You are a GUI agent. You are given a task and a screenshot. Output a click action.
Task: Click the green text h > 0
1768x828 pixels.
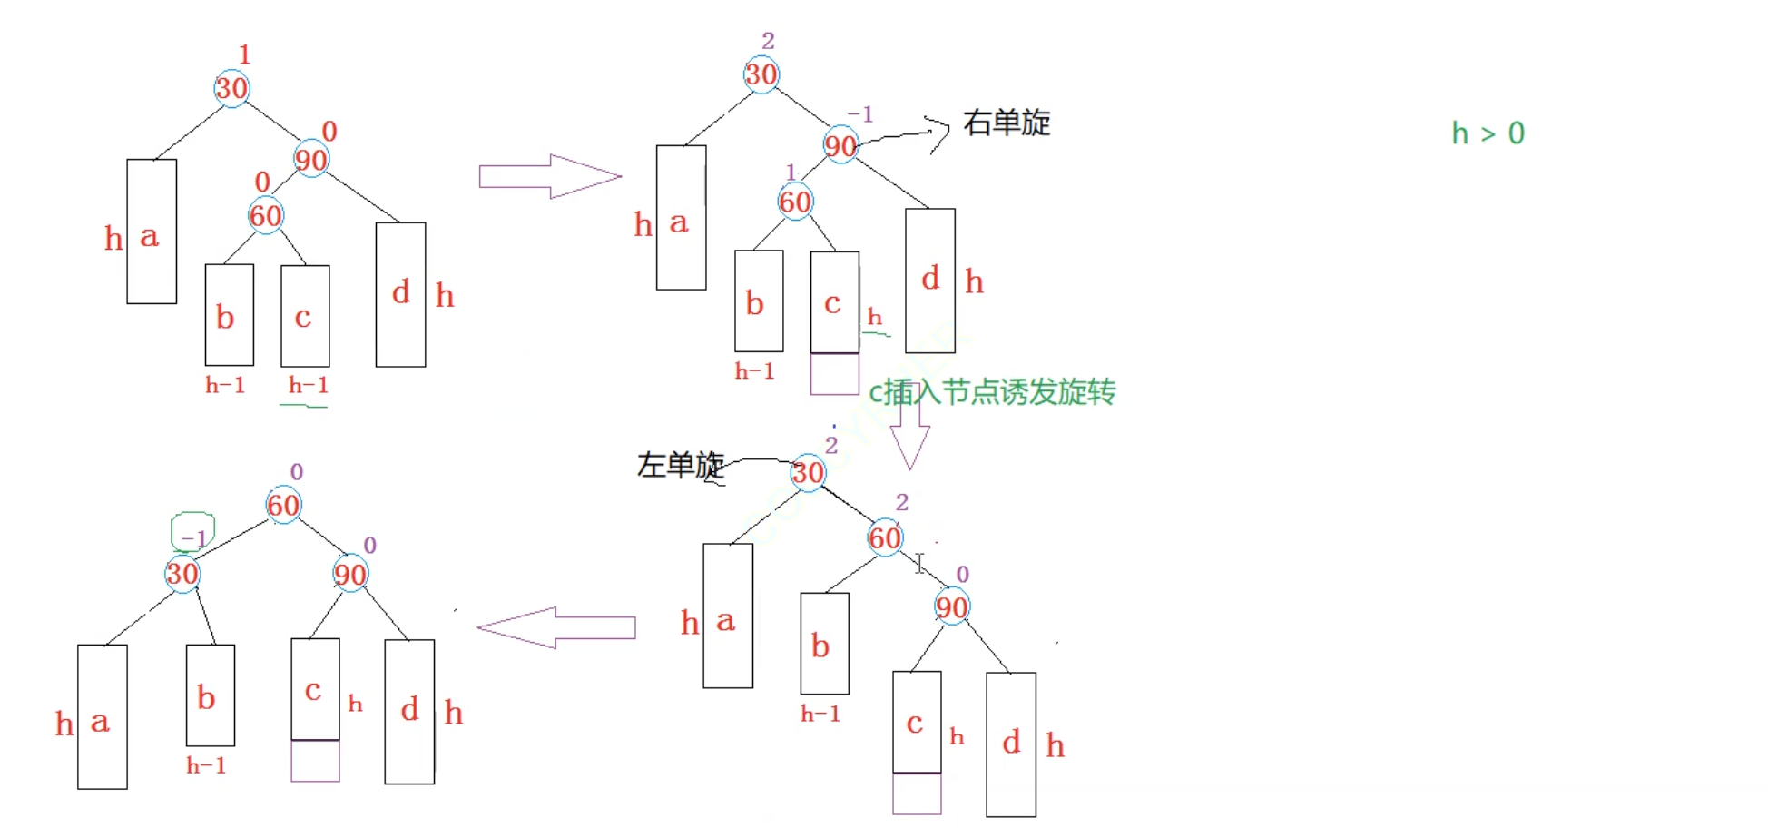[x=1488, y=133]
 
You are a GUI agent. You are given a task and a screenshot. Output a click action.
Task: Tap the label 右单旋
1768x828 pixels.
[x=1007, y=123]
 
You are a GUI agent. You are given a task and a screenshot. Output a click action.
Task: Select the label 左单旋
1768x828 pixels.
[x=680, y=465]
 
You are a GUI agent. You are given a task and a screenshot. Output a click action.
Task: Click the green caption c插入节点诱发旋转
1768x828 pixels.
[x=992, y=392]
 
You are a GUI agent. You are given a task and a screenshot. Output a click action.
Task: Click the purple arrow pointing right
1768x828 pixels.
[x=549, y=176]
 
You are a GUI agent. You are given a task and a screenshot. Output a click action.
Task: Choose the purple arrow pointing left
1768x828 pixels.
[x=555, y=627]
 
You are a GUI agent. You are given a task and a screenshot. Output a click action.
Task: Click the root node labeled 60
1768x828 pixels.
[x=283, y=505]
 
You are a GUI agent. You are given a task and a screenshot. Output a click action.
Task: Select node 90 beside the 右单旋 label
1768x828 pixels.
[x=840, y=145]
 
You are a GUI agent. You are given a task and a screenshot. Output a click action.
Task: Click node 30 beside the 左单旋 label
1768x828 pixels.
[x=807, y=473]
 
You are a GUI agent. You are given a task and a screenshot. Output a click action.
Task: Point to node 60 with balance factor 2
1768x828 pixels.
[x=885, y=537]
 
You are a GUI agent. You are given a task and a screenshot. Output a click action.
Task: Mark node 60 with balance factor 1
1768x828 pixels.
[x=795, y=202]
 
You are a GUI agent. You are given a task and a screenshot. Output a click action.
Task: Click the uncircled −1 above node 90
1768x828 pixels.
[x=859, y=114]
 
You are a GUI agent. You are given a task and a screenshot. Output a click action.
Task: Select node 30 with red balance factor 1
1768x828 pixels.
[x=231, y=88]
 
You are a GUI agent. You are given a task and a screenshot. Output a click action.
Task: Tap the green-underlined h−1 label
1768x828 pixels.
[x=308, y=386]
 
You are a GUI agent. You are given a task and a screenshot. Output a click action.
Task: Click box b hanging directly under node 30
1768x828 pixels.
[x=210, y=695]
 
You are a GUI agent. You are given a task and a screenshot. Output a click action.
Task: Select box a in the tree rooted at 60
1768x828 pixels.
[x=102, y=717]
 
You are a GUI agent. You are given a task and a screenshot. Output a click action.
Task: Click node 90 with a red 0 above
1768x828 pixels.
[x=310, y=160]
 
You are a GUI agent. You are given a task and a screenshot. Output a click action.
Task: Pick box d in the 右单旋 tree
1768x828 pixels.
[x=930, y=280]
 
